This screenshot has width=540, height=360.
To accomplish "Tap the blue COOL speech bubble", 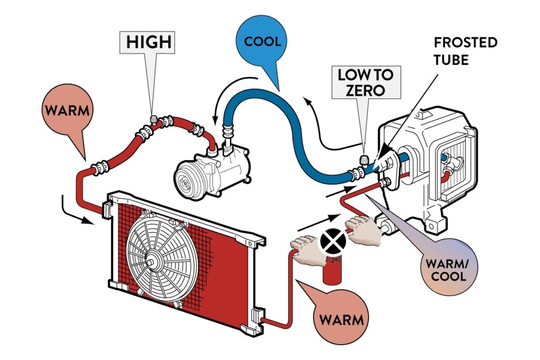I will click(x=263, y=41).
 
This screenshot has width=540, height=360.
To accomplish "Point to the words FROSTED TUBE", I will click(x=466, y=51).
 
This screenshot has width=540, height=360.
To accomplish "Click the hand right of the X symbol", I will click(x=364, y=232).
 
